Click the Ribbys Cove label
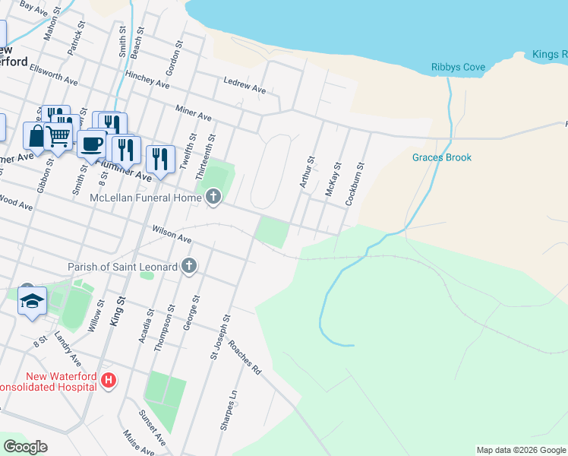(x=458, y=68)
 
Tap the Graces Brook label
(x=442, y=158)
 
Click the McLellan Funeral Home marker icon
(x=213, y=198)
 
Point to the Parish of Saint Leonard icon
(x=189, y=266)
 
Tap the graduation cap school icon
(x=33, y=301)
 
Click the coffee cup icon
(x=91, y=143)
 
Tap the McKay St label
(x=333, y=179)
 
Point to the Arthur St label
(x=307, y=173)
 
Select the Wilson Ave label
(x=172, y=233)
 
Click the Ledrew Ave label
(x=244, y=85)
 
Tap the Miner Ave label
(x=194, y=113)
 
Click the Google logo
(x=26, y=447)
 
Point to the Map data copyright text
(x=521, y=450)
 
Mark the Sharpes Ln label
(x=229, y=411)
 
